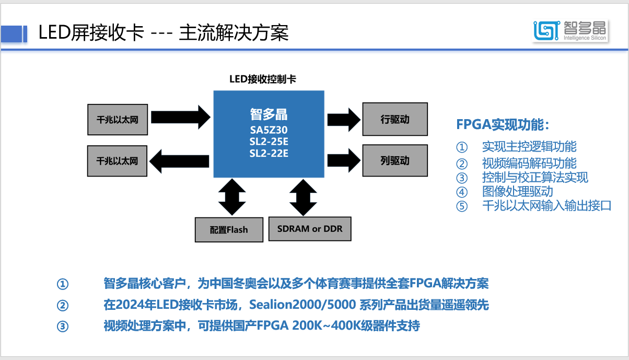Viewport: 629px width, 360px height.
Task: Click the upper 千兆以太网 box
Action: coord(118,120)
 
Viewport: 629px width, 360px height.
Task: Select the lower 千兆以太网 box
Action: coord(118,160)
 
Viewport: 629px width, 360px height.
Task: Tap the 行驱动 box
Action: coord(395,119)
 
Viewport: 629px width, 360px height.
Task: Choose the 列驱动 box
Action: coord(395,160)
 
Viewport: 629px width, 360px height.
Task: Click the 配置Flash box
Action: coord(229,229)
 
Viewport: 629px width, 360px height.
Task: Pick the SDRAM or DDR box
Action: coord(309,229)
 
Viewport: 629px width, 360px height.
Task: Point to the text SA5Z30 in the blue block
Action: coord(269,129)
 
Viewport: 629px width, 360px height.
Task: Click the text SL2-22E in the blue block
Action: coord(269,153)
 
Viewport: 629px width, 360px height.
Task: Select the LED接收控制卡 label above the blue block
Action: coord(263,79)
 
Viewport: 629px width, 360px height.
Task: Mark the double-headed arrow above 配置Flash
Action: coord(231,196)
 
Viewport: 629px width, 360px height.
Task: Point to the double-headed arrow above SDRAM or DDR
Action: coord(302,196)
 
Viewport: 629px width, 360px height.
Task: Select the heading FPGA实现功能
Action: coord(503,125)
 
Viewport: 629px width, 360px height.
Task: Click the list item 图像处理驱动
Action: coord(517,191)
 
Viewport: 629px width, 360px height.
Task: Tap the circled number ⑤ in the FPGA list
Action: coord(461,206)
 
